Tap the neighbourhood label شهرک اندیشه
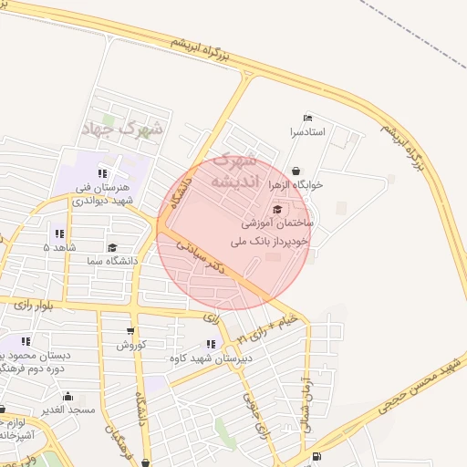234,171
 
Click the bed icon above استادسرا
307,119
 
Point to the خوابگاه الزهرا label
296,184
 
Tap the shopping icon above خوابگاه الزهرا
296,171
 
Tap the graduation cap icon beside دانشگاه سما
113,247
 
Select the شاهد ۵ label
59,247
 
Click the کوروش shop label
130,346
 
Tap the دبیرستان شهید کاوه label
211,358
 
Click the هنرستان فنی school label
103,187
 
